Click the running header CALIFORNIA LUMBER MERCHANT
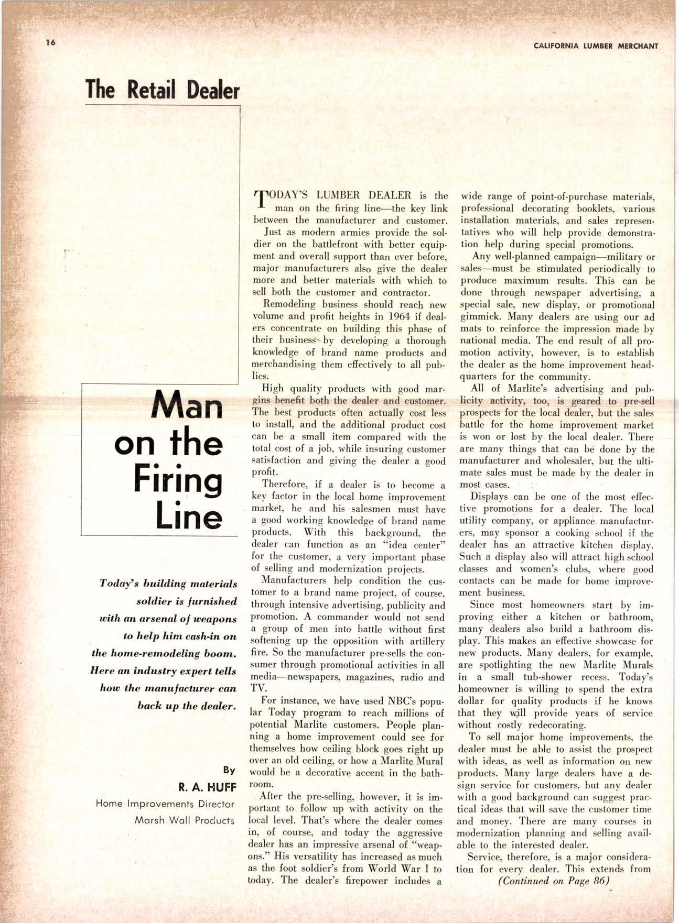pos(596,46)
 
